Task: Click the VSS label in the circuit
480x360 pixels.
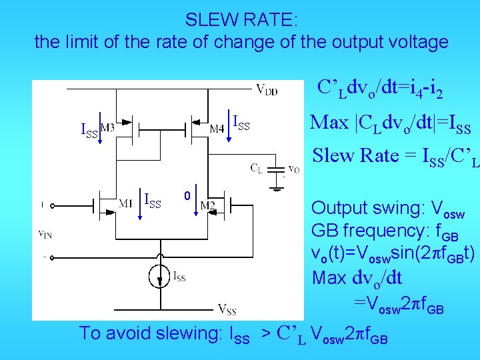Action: tap(227, 309)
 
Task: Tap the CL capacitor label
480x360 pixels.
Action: tap(256, 168)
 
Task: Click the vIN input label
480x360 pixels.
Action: tap(46, 233)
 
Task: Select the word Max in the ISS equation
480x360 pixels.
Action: tap(329, 123)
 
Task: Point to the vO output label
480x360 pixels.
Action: tap(293, 168)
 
